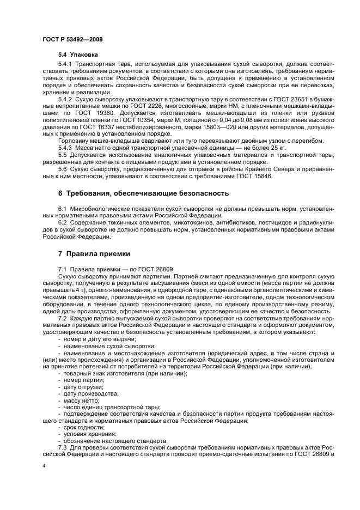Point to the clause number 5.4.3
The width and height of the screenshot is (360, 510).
(66, 148)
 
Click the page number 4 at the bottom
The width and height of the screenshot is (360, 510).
(44, 466)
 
